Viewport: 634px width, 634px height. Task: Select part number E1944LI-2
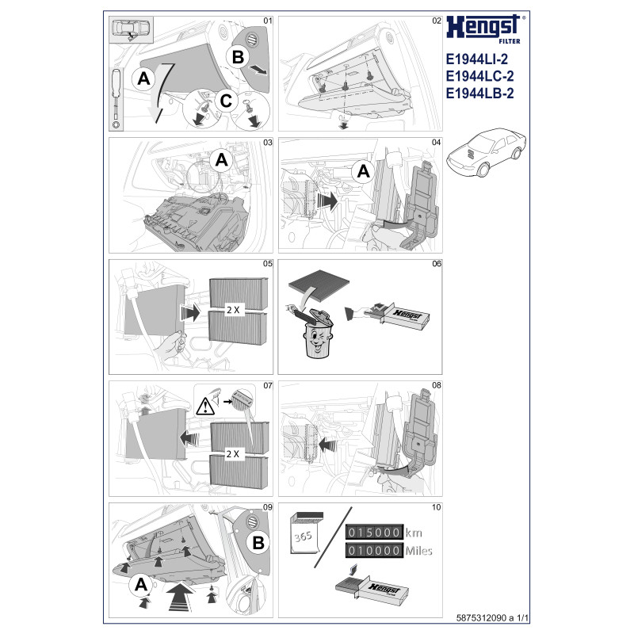coord(476,59)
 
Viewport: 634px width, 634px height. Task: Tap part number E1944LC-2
coord(479,76)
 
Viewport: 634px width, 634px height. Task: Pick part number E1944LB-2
coord(479,94)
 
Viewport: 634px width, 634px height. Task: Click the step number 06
coord(437,264)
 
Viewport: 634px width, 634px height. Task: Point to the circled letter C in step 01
coord(226,101)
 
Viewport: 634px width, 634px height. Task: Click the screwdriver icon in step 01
coord(116,98)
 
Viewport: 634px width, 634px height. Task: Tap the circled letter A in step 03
coord(221,160)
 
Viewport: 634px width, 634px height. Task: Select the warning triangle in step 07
coord(205,407)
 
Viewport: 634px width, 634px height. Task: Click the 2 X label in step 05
coord(233,310)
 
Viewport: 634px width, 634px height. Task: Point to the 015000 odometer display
coord(374,532)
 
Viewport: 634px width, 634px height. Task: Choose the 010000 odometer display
coord(374,550)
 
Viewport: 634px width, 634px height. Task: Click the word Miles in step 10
coord(419,551)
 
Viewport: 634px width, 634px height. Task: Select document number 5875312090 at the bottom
coord(481,618)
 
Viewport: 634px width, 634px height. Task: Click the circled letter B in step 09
coord(258,543)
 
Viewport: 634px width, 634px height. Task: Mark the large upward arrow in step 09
coord(181,597)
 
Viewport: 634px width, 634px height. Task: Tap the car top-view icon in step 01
coord(131,29)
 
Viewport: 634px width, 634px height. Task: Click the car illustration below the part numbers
coord(486,151)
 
